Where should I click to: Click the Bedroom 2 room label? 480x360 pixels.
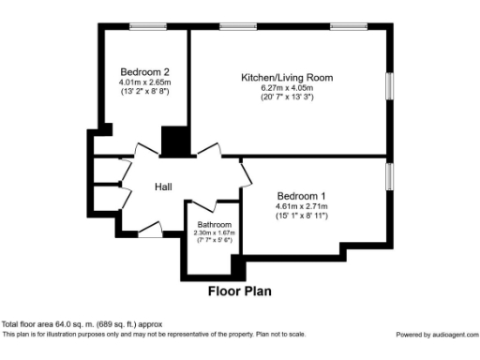pyautogui.click(x=143, y=71)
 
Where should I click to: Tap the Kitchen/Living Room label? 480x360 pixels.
pyautogui.click(x=287, y=77)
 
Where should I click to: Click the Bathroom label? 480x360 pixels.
pyautogui.click(x=214, y=225)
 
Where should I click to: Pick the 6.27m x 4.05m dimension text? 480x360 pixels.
pyautogui.click(x=287, y=87)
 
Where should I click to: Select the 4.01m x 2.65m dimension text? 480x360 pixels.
pyautogui.click(x=143, y=82)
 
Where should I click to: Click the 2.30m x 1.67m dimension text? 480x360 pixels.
pyautogui.click(x=214, y=232)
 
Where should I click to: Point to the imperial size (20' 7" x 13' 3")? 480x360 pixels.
pyautogui.click(x=287, y=97)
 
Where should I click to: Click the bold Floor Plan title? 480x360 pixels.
pyautogui.click(x=239, y=292)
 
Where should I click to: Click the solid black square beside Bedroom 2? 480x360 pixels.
pyautogui.click(x=174, y=141)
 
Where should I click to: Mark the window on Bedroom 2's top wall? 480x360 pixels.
pyautogui.click(x=148, y=26)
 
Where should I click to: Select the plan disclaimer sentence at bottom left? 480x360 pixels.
pyautogui.click(x=154, y=334)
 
